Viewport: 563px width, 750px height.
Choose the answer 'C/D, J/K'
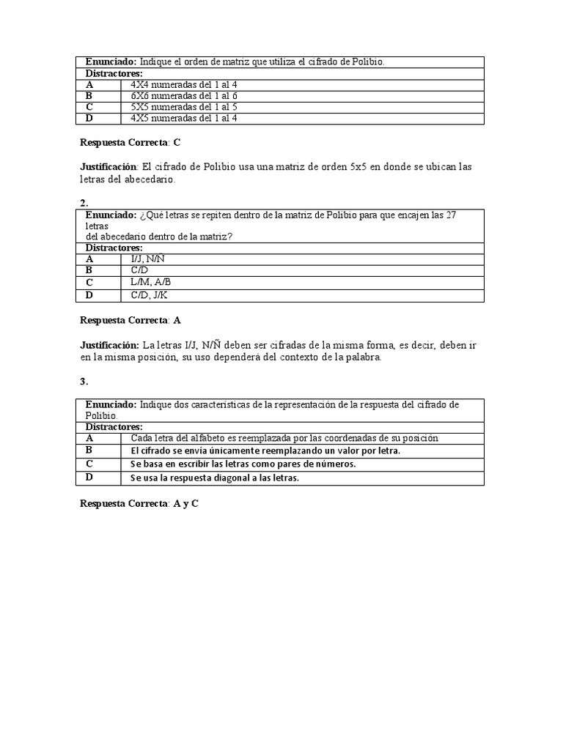point(150,295)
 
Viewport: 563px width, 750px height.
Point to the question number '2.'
point(84,202)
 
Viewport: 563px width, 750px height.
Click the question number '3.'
point(84,382)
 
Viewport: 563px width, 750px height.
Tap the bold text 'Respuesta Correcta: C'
point(130,143)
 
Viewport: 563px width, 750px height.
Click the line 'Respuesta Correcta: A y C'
point(139,505)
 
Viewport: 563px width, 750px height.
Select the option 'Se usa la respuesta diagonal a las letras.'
point(215,478)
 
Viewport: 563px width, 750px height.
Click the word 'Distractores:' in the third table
point(114,426)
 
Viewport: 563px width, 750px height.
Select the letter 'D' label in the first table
point(89,118)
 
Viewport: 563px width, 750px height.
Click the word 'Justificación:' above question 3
point(109,345)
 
